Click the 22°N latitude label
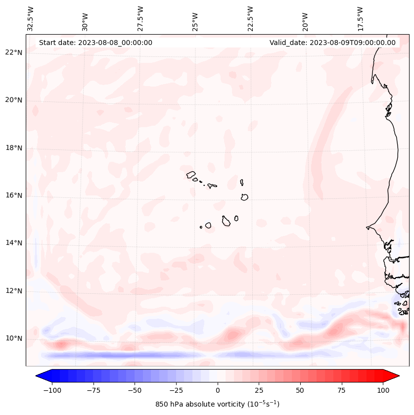[14, 52]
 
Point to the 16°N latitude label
[14, 195]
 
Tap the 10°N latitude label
[14, 338]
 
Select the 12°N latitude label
[14, 291]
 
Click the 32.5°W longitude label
[31, 18]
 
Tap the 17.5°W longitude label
[360, 18]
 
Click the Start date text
[95, 43]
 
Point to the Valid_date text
[332, 43]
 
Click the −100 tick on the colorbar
[52, 390]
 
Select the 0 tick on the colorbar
[218, 390]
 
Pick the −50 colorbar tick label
[135, 390]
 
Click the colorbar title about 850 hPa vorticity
[217, 404]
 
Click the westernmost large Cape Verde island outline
[191, 174]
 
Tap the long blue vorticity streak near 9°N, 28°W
[124, 355]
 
